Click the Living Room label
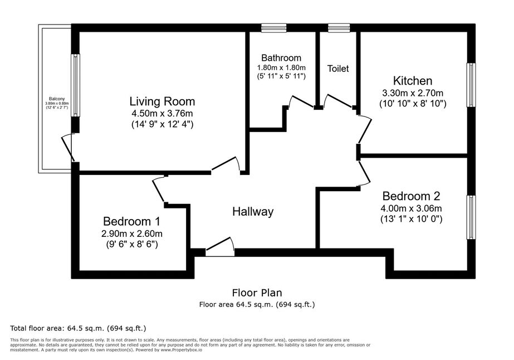click(162, 101)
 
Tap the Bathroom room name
click(281, 58)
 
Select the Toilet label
click(338, 69)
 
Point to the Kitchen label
click(413, 81)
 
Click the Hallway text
click(253, 212)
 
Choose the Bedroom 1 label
click(132, 221)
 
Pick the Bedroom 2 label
click(411, 196)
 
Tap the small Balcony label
click(57, 99)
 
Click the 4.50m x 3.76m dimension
click(162, 114)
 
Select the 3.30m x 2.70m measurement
click(413, 93)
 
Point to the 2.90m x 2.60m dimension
click(132, 233)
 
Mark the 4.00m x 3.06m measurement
click(411, 208)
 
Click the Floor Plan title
click(257, 293)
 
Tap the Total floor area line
click(78, 328)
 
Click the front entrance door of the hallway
click(220, 246)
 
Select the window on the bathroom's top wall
click(274, 28)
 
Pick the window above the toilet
click(339, 28)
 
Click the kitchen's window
click(471, 85)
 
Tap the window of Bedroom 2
click(471, 217)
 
